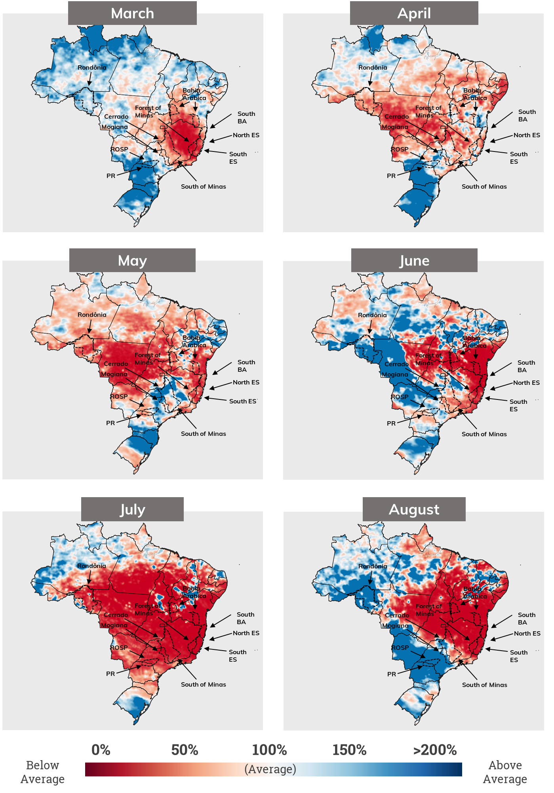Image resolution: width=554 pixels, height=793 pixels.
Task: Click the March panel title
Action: coord(132,13)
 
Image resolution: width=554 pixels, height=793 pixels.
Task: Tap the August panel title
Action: coord(414,509)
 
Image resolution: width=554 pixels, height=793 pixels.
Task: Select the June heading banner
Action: coord(414,261)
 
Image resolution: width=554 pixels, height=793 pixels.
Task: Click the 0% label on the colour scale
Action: coord(101,750)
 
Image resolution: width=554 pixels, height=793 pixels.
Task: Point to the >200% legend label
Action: coord(435,750)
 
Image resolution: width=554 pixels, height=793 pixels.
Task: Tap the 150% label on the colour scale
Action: coord(349,750)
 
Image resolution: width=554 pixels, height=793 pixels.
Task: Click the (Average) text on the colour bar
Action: coord(270,769)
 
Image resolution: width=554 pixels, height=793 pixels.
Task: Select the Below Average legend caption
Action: coord(42,772)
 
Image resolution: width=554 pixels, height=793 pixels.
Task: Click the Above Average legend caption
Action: coord(505,772)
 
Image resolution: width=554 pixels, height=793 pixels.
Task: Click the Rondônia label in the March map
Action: coord(92,68)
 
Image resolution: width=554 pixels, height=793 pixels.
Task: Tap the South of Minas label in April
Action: coord(484,187)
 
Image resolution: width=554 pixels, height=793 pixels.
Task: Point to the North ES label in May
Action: coord(246,382)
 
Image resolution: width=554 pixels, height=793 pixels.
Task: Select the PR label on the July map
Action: coord(110,674)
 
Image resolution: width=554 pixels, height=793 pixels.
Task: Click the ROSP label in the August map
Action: coord(400,648)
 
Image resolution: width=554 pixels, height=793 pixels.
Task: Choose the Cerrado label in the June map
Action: coord(396,364)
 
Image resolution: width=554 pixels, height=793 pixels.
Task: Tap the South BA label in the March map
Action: coord(246,117)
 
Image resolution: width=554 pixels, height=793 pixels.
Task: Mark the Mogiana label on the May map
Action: coord(114,374)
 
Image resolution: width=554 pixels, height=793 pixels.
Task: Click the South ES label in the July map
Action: coord(237,656)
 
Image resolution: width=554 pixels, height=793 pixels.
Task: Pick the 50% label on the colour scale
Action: coord(185,750)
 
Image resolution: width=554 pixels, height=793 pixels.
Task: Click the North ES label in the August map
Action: coord(527,634)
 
